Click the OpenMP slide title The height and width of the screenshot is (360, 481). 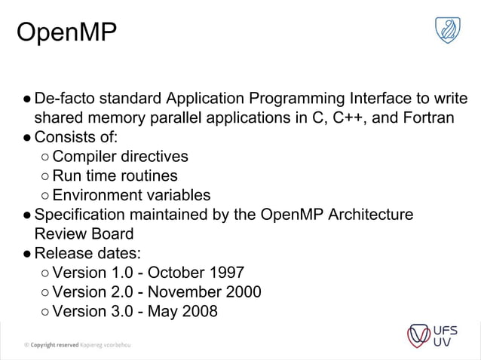pos(66,32)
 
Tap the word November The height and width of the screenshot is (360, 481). pos(191,291)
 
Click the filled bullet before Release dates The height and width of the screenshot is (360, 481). pos(26,253)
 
